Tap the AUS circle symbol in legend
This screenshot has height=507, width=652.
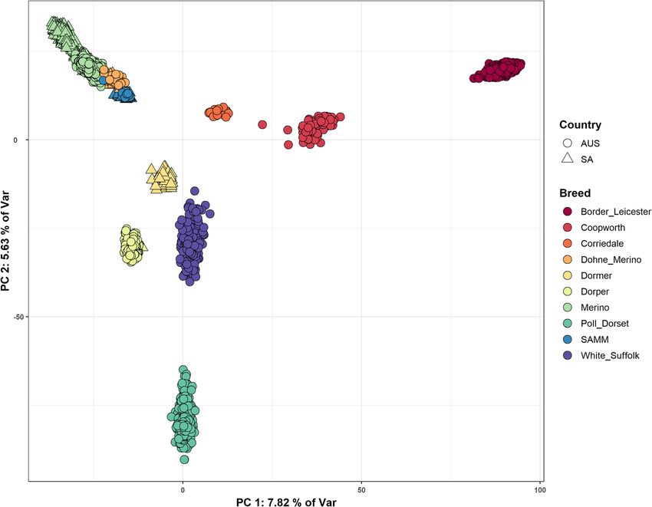pyautogui.click(x=568, y=143)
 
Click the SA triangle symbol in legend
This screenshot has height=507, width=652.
pyautogui.click(x=568, y=159)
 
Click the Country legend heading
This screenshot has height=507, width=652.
pyautogui.click(x=580, y=125)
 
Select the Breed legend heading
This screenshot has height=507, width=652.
pyautogui.click(x=575, y=193)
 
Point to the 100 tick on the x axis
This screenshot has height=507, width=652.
pyautogui.click(x=539, y=489)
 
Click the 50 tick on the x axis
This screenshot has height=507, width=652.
pyautogui.click(x=361, y=489)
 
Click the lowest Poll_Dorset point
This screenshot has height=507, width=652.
pyautogui.click(x=184, y=459)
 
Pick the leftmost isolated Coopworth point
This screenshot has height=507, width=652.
pyautogui.click(x=262, y=124)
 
